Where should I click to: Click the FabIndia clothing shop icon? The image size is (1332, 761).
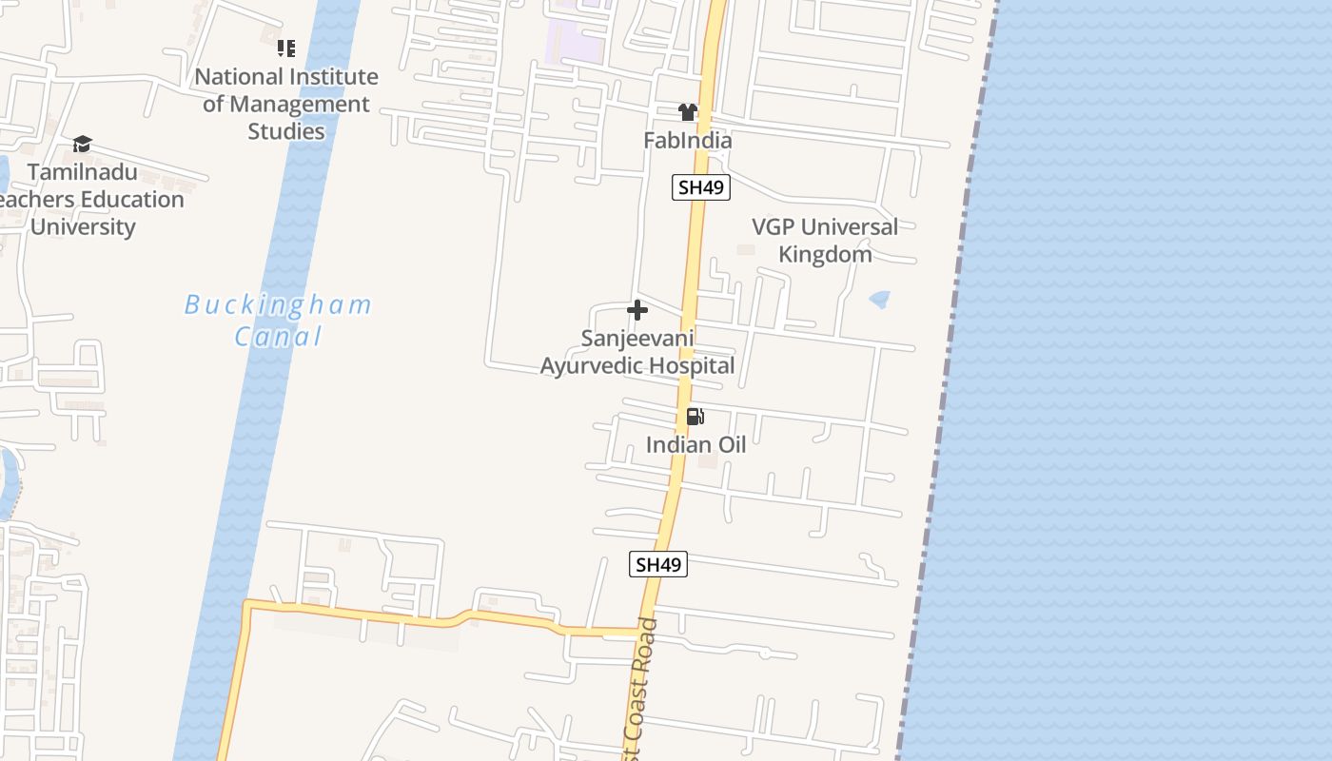coord(688,112)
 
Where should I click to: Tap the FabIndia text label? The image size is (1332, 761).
coord(688,141)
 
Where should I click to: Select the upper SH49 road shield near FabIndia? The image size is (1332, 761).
coord(701,187)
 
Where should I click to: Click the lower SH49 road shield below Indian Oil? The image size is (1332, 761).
coord(658,564)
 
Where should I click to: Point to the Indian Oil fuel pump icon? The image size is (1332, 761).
coord(695,417)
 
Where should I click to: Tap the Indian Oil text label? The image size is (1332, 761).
coord(695,444)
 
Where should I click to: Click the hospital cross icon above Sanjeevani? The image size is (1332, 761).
coord(637,310)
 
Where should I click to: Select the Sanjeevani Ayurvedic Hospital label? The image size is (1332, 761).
coord(637,352)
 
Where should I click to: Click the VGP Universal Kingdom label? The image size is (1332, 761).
coord(825,241)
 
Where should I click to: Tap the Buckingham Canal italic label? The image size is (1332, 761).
coord(278,320)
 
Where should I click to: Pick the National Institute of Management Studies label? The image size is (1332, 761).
coord(286,104)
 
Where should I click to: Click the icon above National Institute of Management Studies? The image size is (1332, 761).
coord(286,48)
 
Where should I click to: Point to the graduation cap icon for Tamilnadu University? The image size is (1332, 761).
coord(83,145)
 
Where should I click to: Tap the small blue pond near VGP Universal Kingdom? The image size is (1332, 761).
coord(880,300)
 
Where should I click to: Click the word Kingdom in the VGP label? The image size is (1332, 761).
coord(825,254)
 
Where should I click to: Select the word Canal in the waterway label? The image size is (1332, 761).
coord(279,336)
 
